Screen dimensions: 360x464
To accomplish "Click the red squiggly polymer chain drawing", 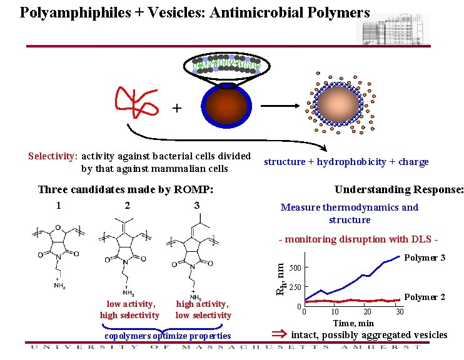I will [136, 100].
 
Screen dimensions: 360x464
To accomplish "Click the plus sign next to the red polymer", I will [177, 109].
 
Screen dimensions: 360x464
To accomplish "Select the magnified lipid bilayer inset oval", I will [227, 63].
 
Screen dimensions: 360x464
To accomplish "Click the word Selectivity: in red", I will [53, 156].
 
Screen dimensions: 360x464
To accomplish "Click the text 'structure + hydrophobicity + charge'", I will [346, 162].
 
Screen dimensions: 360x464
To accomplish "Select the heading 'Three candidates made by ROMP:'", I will [126, 189].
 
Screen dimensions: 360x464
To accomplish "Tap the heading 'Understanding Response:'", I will [399, 189].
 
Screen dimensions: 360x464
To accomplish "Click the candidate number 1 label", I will [58, 206].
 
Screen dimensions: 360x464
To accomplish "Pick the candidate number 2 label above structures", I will [127, 206].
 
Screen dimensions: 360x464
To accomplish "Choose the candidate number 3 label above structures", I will [196, 206].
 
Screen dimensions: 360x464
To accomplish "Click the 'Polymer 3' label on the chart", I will [425, 257].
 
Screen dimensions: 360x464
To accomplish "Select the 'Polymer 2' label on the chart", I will [425, 297].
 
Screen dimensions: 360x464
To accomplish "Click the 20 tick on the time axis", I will [367, 311].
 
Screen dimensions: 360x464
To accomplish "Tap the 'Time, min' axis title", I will [353, 323].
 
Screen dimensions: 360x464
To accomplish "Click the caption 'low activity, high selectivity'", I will [129, 309].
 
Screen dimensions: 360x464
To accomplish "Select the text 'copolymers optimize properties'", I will [168, 336].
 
